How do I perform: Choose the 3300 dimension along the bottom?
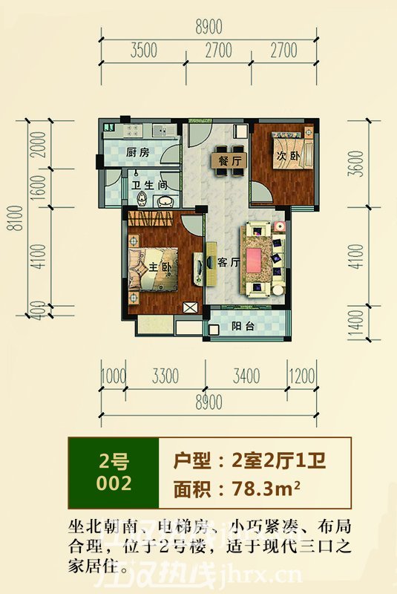[x=164, y=376]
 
